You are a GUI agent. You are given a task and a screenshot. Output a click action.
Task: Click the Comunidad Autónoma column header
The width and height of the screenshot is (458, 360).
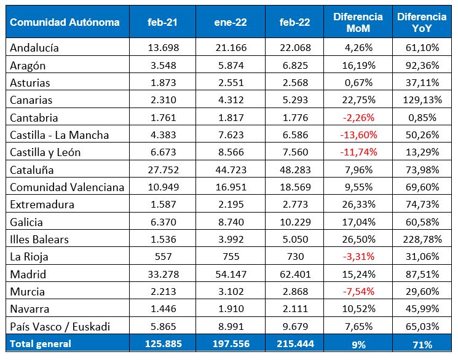click(65, 23)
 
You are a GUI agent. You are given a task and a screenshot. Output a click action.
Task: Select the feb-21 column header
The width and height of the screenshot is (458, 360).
click(162, 23)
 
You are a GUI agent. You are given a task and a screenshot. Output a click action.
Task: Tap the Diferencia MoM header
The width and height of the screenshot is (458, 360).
click(358, 23)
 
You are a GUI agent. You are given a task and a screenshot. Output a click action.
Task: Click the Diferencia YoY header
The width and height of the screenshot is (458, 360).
click(421, 23)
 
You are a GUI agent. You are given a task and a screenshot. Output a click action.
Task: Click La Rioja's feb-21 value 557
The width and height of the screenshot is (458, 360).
click(162, 257)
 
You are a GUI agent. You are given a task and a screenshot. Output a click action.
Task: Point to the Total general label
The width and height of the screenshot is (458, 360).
click(41, 344)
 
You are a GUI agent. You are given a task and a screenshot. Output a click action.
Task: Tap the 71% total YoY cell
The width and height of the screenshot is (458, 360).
click(421, 344)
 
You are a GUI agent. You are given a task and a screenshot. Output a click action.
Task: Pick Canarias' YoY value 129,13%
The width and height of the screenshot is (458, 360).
click(421, 100)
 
